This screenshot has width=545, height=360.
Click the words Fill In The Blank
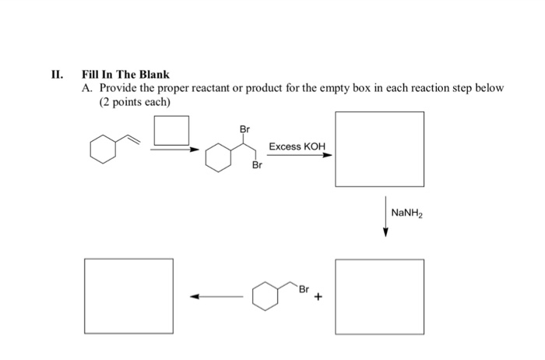125,75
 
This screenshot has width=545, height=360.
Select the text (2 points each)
134,102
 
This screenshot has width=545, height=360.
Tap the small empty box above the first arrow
171,129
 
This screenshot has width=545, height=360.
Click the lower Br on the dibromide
256,166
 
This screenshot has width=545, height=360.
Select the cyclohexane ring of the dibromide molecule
220,160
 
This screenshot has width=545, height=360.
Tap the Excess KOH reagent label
297,146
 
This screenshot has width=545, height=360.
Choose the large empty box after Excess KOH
379,149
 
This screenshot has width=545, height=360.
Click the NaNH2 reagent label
407,212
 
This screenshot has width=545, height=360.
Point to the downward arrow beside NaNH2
385,219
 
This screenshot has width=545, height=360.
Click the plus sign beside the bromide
318,296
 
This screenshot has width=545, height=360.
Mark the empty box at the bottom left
129,295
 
